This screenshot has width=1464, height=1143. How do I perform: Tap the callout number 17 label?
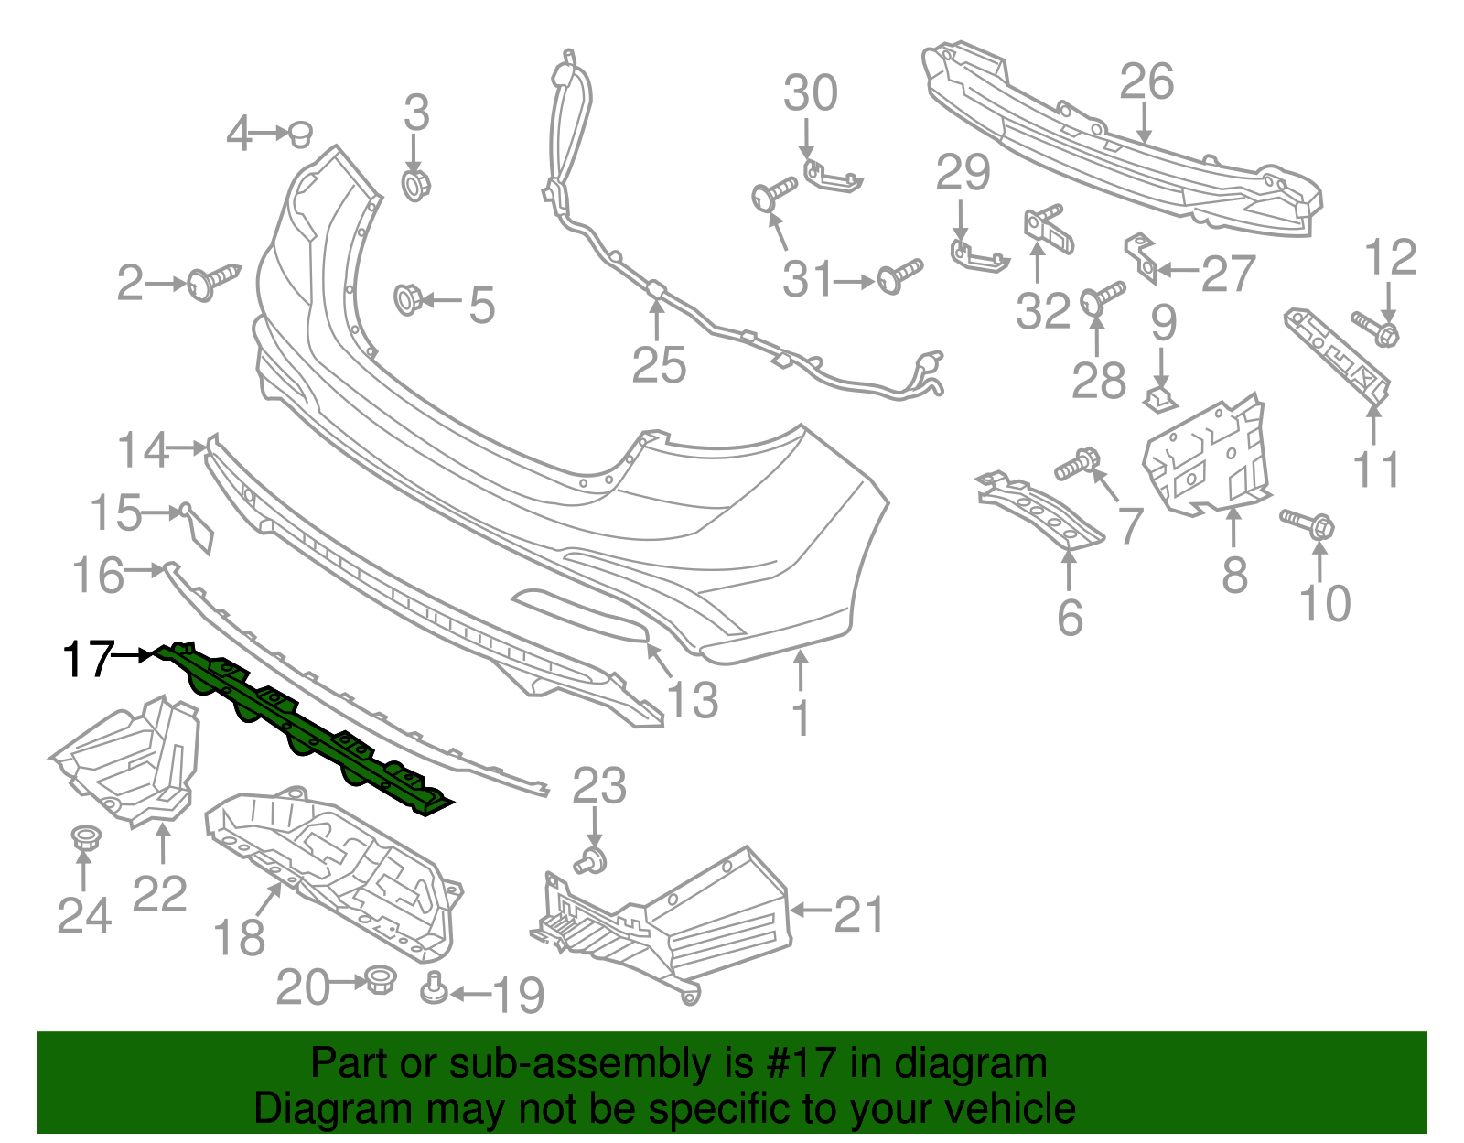pos(87,658)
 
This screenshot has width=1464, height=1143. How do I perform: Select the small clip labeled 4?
pos(300,135)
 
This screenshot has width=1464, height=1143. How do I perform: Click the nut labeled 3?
pos(416,184)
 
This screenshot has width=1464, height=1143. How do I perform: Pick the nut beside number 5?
pos(407,298)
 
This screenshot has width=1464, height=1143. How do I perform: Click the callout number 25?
pos(659,365)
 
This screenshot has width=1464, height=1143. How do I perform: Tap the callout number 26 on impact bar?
pos(1146,82)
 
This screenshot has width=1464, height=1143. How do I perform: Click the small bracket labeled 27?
pos(1140,256)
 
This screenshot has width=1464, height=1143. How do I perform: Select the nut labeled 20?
pos(378,980)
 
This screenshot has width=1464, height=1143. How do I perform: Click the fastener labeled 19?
pos(435,988)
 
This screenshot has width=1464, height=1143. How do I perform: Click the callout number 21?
pos(859,914)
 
